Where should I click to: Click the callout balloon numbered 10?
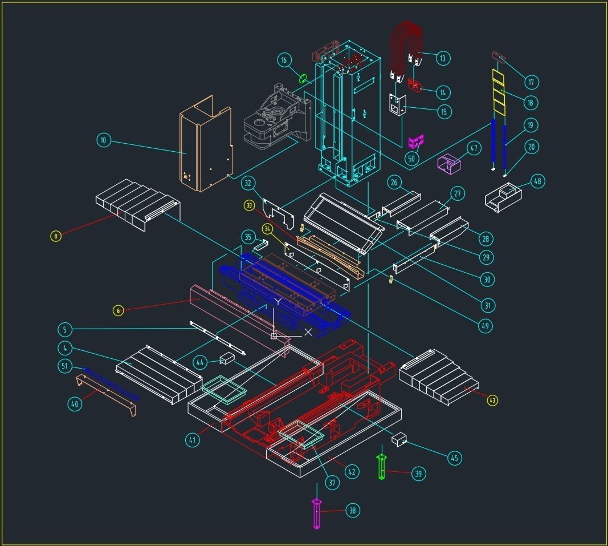tap(104, 140)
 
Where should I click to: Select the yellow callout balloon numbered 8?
tap(55, 236)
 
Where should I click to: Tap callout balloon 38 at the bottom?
tap(353, 511)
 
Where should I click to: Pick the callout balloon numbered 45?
tap(454, 458)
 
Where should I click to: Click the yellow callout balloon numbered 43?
tap(492, 401)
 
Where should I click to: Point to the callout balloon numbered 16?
tap(284, 60)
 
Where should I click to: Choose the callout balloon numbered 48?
tap(537, 181)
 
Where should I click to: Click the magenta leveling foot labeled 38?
tap(317, 513)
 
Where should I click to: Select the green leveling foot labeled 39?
tap(382, 467)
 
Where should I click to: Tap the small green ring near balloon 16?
tap(303, 78)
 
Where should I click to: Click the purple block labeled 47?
tap(449, 164)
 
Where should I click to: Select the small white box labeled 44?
tap(227, 358)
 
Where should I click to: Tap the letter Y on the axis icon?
tap(278, 301)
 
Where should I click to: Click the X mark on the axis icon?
tap(308, 331)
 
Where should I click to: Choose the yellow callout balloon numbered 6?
tap(118, 310)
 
